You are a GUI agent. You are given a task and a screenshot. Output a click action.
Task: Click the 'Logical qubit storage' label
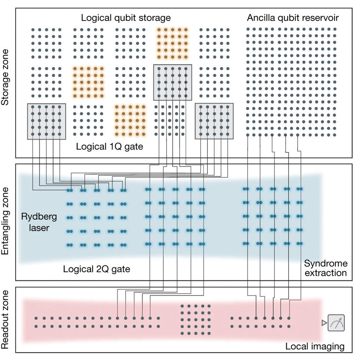126,18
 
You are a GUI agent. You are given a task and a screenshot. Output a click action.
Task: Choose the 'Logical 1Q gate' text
110,146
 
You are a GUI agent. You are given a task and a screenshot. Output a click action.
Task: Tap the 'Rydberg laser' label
35,222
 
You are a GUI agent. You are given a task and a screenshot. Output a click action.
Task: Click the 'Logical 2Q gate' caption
97,269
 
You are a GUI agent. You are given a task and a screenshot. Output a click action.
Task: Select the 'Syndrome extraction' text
326,268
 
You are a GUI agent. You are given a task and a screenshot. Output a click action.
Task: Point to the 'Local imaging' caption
314,346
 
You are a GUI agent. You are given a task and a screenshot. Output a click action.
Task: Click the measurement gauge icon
336,322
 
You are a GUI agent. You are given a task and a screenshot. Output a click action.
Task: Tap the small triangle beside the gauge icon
324,322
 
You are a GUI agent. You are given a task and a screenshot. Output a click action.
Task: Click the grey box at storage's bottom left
46,121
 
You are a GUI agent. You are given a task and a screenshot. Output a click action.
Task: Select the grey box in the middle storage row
173,82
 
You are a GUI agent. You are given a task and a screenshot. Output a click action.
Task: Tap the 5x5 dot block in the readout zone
196,320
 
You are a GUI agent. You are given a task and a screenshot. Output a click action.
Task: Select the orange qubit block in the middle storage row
88,82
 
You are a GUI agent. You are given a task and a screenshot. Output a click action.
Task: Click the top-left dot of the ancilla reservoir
248,29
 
